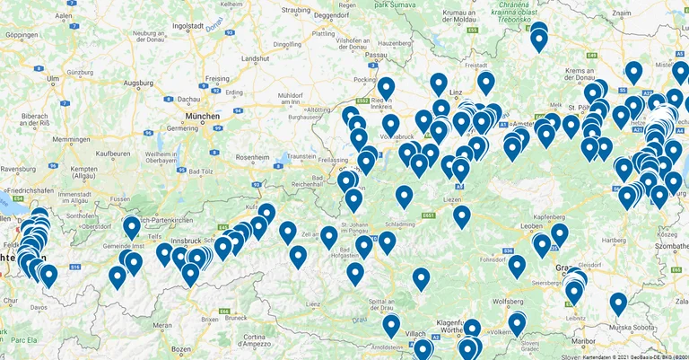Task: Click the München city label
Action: (203, 117)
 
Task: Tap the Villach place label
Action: (415, 332)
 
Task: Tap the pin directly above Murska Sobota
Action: (618, 303)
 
